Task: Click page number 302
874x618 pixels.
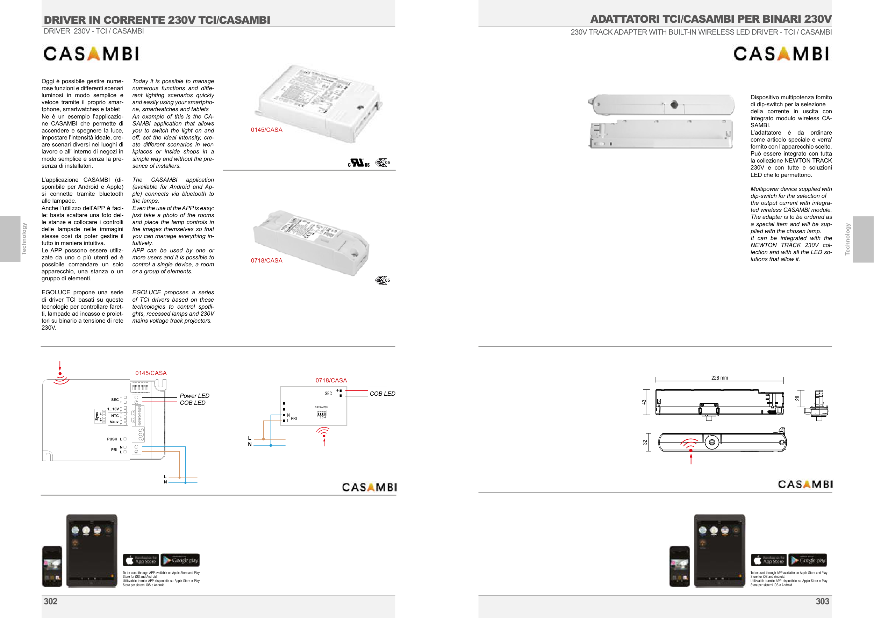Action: click(51, 601)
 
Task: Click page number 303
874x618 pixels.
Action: click(823, 601)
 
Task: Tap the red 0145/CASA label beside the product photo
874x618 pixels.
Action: click(266, 130)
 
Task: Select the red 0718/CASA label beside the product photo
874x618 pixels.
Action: click(266, 261)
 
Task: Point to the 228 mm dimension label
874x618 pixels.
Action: click(719, 378)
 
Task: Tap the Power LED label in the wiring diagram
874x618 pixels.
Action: click(194, 396)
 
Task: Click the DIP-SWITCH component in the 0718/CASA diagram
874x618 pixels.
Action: click(321, 413)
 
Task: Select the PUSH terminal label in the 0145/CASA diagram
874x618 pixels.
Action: click(112, 439)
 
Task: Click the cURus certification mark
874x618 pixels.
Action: click(359, 163)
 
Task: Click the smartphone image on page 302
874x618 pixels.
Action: click(52, 566)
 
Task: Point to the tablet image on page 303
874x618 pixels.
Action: click(719, 550)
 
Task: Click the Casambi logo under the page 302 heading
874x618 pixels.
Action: click(91, 54)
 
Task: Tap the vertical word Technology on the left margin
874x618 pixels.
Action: click(24, 239)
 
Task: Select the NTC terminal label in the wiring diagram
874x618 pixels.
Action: click(115, 416)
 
